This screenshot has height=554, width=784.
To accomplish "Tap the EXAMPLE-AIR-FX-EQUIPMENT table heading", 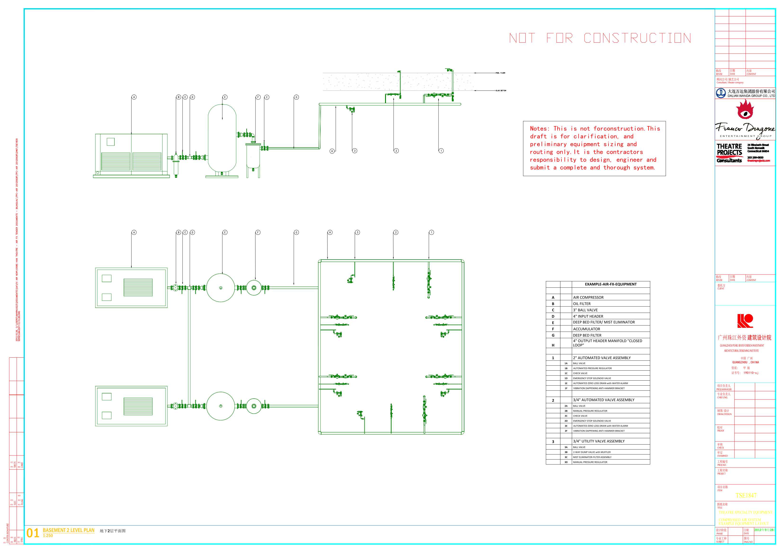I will (610, 284).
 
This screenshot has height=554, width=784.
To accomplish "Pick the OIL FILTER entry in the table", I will (582, 304).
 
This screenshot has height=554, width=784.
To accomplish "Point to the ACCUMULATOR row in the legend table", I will (586, 329).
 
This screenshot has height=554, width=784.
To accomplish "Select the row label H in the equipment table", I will (553, 345).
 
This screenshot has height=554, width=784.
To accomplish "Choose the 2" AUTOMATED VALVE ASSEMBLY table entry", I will (602, 358).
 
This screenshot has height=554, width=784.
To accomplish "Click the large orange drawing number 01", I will (33, 533).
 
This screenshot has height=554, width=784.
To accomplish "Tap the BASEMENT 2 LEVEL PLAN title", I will (69, 530).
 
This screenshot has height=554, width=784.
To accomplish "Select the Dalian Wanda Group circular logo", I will (721, 93).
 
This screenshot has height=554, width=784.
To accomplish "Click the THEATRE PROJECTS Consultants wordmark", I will (729, 153).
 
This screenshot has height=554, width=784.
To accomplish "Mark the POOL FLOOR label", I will (500, 73).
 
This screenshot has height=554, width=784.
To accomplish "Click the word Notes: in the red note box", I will (539, 129).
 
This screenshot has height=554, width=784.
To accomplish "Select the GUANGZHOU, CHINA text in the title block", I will (745, 362).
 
